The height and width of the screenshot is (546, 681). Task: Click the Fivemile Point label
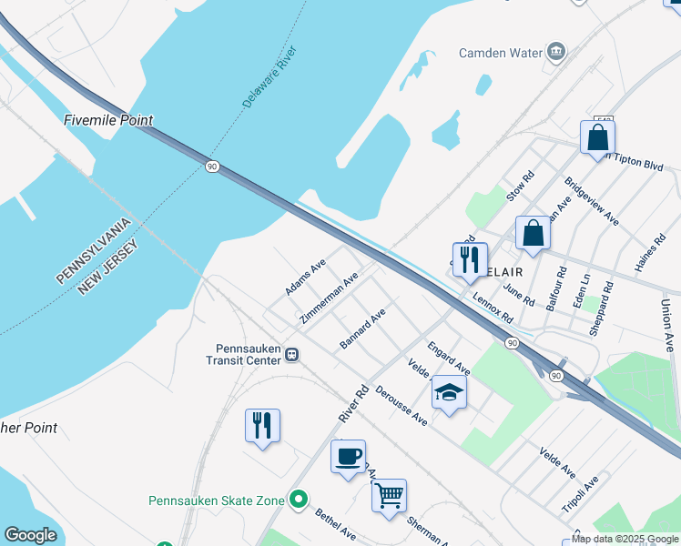tap(108, 120)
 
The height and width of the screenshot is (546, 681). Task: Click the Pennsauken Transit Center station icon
tap(291, 354)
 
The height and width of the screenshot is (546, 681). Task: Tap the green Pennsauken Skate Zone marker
tap(297, 500)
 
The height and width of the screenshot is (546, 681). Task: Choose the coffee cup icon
tap(348, 456)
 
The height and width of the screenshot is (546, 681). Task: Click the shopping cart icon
tap(389, 495)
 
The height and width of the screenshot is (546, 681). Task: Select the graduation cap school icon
tap(449, 391)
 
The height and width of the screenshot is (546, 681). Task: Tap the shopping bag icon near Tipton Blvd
tap(597, 137)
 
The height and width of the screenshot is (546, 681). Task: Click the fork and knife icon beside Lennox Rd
tap(470, 259)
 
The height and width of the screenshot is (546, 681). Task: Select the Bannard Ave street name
tap(363, 328)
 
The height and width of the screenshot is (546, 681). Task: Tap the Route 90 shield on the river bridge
tap(212, 167)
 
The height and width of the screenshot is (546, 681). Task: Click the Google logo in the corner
tap(30, 535)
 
